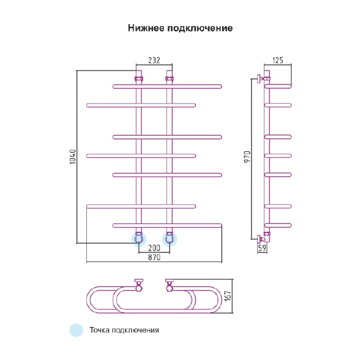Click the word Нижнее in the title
pos(146,28)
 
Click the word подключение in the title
pos(200,28)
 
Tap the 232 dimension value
pos(154,60)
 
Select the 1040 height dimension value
pos(73,157)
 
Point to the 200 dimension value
pos(154,248)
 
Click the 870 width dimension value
pos(154,257)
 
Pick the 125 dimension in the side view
pos(277,60)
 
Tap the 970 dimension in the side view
pos(247,157)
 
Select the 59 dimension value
pos(262,247)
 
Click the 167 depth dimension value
pos(227,296)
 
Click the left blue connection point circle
pos(139,239)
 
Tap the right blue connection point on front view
pos(170,239)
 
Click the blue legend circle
pos(76,330)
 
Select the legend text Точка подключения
pos(124,330)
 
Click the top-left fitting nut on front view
pos(139,78)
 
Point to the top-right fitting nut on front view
pos(170,78)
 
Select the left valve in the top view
pos(139,285)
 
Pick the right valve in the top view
pos(170,285)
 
